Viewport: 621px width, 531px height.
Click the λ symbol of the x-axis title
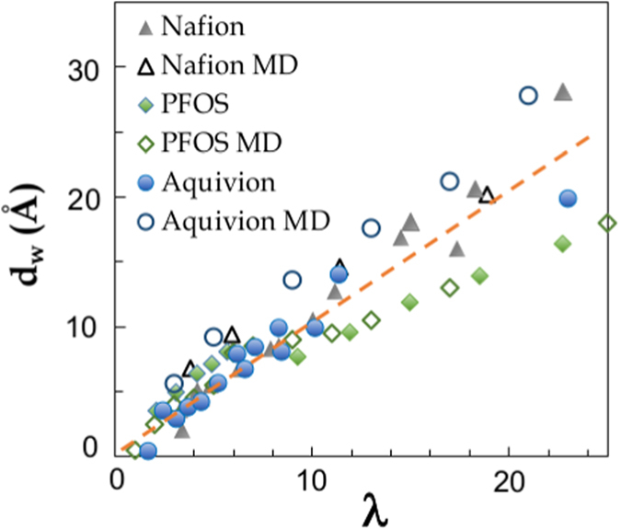click(373, 508)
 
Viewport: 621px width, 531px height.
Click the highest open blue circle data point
click(528, 96)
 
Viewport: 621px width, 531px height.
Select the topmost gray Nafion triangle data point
click(563, 92)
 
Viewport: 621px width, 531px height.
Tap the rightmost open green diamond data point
click(607, 223)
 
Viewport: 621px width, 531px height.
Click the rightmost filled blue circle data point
click(568, 198)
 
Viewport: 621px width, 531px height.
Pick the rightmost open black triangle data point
click(487, 194)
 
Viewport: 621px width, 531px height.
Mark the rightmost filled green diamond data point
click(563, 243)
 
